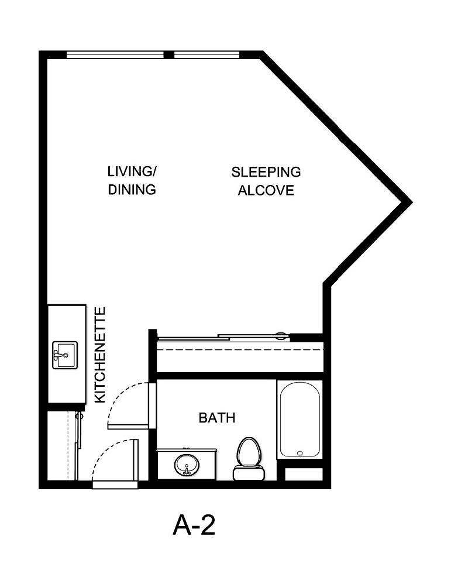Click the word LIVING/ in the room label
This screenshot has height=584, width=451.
(x=132, y=172)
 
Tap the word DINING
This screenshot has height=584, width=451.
(x=132, y=190)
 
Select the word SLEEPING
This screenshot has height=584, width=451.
(x=266, y=172)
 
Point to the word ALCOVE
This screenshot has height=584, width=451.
(x=266, y=191)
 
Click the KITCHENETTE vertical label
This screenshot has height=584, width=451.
(x=100, y=355)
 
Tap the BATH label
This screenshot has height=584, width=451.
(x=217, y=418)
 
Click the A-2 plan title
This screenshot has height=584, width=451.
(x=195, y=525)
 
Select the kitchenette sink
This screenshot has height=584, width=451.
(x=64, y=355)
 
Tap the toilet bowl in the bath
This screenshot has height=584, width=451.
(x=249, y=451)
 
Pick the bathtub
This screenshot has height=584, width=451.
(x=299, y=420)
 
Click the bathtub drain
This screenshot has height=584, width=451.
(x=299, y=452)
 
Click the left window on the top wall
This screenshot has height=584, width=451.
(x=115, y=55)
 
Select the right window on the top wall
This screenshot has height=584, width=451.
(x=207, y=55)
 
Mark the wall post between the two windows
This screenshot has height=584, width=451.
(x=169, y=55)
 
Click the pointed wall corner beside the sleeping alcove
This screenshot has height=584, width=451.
(x=408, y=201)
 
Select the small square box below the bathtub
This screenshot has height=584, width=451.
(x=303, y=474)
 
